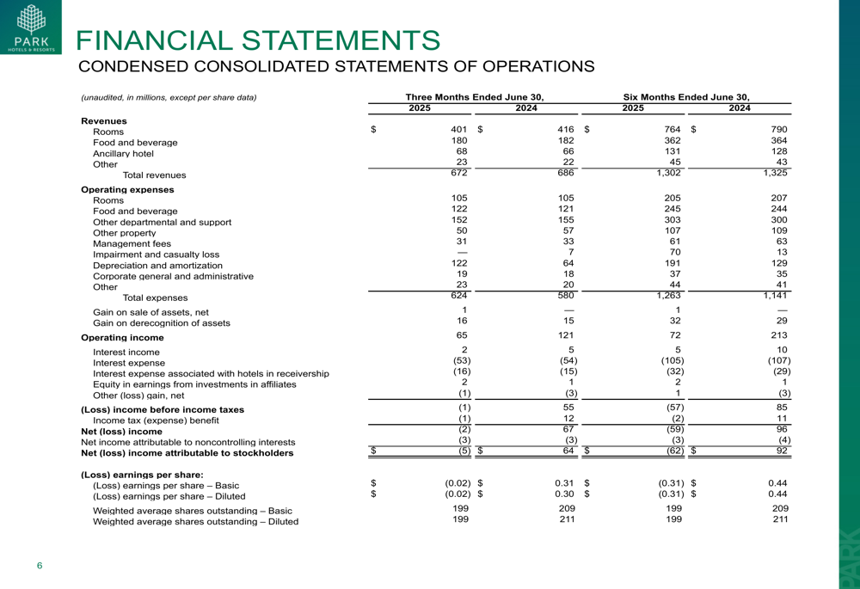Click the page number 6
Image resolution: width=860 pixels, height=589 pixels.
pyautogui.click(x=39, y=565)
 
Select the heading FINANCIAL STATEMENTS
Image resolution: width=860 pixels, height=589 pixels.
pyautogui.click(x=258, y=40)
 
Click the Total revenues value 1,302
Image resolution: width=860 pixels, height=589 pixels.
pyautogui.click(x=668, y=173)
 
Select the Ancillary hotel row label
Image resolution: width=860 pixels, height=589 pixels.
pyautogui.click(x=123, y=154)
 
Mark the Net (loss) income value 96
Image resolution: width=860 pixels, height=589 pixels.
pyautogui.click(x=781, y=428)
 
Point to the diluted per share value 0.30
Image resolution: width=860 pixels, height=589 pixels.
pyautogui.click(x=564, y=494)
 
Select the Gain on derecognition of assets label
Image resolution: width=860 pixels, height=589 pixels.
pyautogui.click(x=162, y=323)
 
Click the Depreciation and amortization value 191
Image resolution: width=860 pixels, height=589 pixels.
pyautogui.click(x=673, y=263)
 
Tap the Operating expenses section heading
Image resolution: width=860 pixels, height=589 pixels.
pyautogui.click(x=127, y=189)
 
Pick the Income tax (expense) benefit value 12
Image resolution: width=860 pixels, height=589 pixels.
pyautogui.click(x=567, y=417)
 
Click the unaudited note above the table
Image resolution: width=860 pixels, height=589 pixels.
pyautogui.click(x=169, y=98)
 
